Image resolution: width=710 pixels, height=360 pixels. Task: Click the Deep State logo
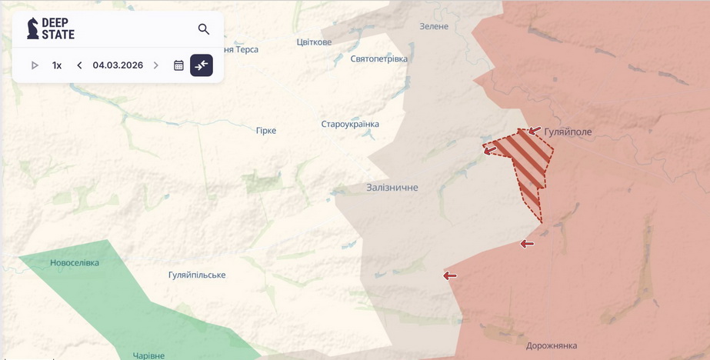click(x=51, y=29)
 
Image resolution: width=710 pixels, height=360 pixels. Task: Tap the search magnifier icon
click(x=204, y=29)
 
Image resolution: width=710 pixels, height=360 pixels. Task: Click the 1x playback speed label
click(x=57, y=65)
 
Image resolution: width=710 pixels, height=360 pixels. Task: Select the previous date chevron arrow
click(x=79, y=65)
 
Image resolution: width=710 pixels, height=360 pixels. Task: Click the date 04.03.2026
click(x=118, y=65)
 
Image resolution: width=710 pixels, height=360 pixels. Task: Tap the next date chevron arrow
click(x=156, y=65)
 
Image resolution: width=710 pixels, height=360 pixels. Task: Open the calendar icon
click(x=178, y=65)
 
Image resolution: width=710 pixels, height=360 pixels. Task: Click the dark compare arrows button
click(x=202, y=65)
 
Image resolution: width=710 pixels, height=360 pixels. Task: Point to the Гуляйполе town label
click(x=568, y=132)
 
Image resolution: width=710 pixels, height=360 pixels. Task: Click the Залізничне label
click(x=392, y=187)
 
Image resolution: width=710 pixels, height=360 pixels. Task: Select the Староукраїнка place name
click(x=350, y=125)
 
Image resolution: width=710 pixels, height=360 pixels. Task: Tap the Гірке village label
click(x=266, y=131)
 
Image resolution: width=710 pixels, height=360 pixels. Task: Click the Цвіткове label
click(x=314, y=42)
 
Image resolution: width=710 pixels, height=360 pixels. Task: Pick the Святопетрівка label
click(x=378, y=59)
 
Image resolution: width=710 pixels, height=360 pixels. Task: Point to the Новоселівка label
click(x=75, y=263)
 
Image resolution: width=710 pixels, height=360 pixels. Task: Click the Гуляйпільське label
click(x=197, y=275)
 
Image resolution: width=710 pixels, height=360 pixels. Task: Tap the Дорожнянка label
click(x=552, y=346)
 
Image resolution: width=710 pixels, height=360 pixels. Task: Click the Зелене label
click(x=434, y=26)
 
